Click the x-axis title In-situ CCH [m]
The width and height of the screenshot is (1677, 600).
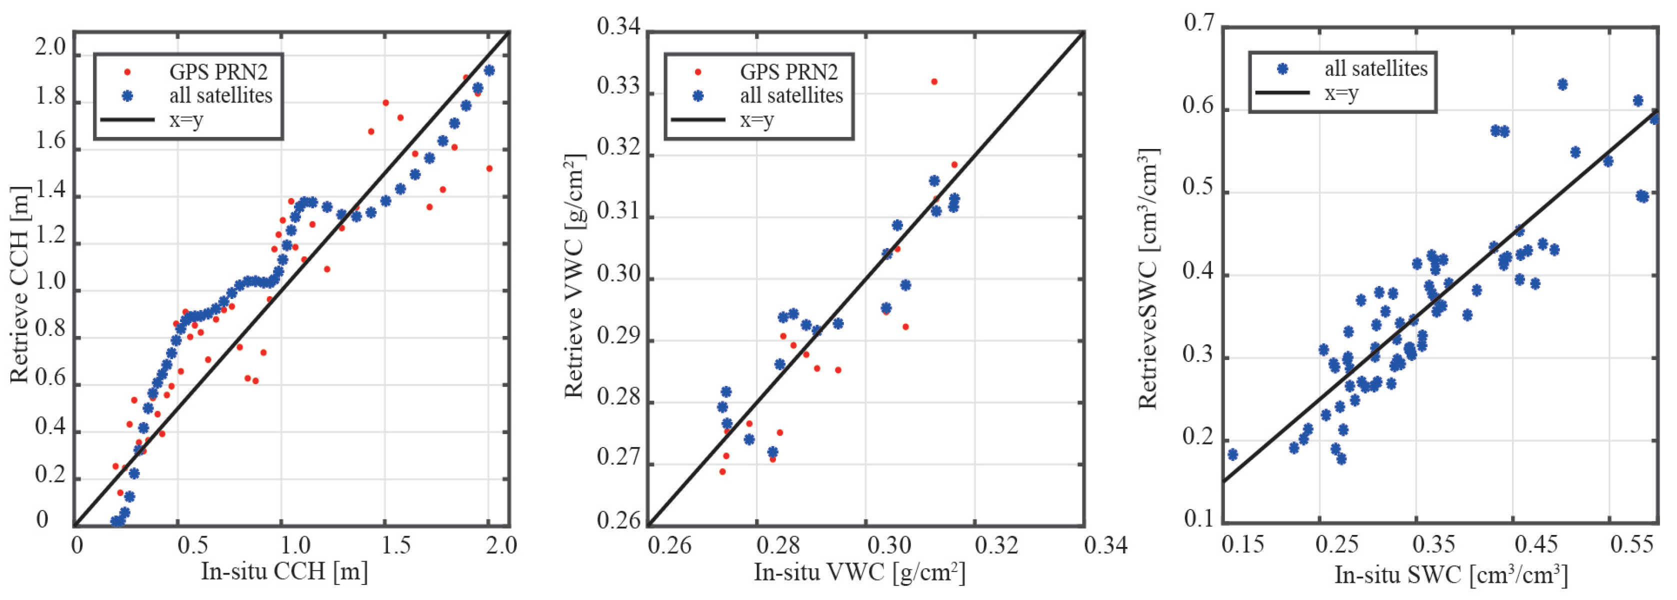coord(284,571)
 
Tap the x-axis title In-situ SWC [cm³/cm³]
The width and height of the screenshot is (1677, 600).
coord(1450,574)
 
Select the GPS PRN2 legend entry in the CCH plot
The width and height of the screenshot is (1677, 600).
coord(218,71)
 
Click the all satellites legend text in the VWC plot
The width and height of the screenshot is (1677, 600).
coord(791,95)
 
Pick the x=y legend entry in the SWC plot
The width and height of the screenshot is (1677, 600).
coord(1341,93)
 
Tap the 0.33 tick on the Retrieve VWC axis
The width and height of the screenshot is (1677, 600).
coord(618,86)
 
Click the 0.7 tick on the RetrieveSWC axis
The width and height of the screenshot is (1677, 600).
coord(1198,23)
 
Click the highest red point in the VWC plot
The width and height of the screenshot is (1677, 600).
coord(933,82)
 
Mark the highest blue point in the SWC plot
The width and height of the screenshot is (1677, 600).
coord(1562,84)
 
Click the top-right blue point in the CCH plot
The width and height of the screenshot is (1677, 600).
coord(489,70)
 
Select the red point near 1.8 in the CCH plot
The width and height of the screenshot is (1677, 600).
coord(385,103)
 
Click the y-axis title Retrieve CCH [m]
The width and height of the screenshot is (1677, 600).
coord(19,285)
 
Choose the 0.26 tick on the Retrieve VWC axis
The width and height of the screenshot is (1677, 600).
coord(618,520)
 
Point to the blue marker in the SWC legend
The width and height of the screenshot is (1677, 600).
coord(1282,68)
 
